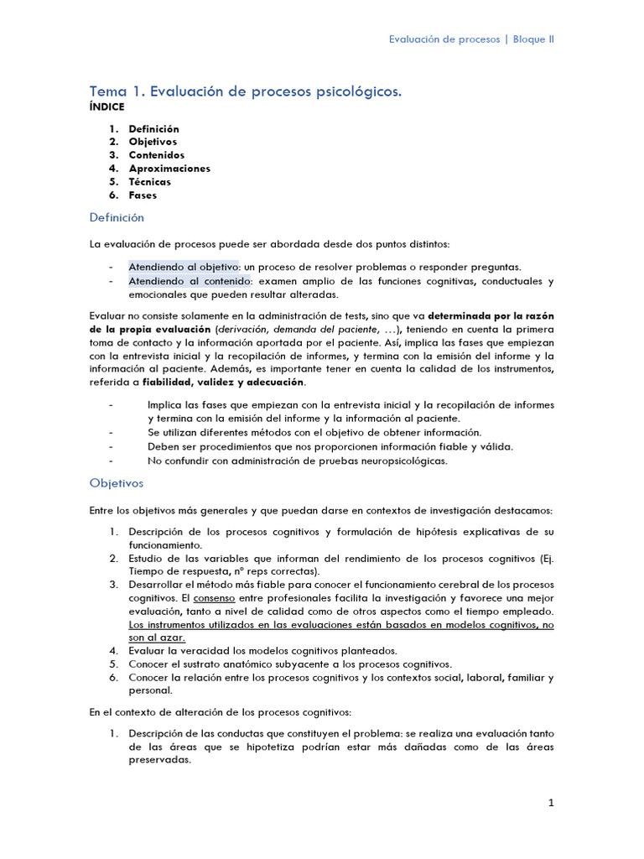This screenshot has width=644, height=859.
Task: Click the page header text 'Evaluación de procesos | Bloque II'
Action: pyautogui.click(x=471, y=39)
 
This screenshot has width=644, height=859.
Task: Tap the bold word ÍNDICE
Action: pyautogui.click(x=106, y=107)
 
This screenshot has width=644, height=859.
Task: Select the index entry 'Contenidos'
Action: pyautogui.click(x=157, y=155)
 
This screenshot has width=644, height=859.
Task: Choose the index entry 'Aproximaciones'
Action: pyautogui.click(x=169, y=169)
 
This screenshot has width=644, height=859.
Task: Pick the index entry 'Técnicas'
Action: pyautogui.click(x=150, y=182)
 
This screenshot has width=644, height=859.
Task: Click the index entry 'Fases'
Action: pyautogui.click(x=143, y=195)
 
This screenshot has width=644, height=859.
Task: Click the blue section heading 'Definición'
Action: pyautogui.click(x=117, y=218)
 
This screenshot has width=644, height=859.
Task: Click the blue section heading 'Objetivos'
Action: pyautogui.click(x=117, y=484)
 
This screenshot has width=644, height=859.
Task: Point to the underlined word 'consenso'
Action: pyautogui.click(x=215, y=598)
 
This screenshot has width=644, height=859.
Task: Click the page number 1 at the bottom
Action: pyautogui.click(x=551, y=803)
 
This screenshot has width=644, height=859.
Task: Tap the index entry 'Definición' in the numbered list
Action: pyautogui.click(x=153, y=128)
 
